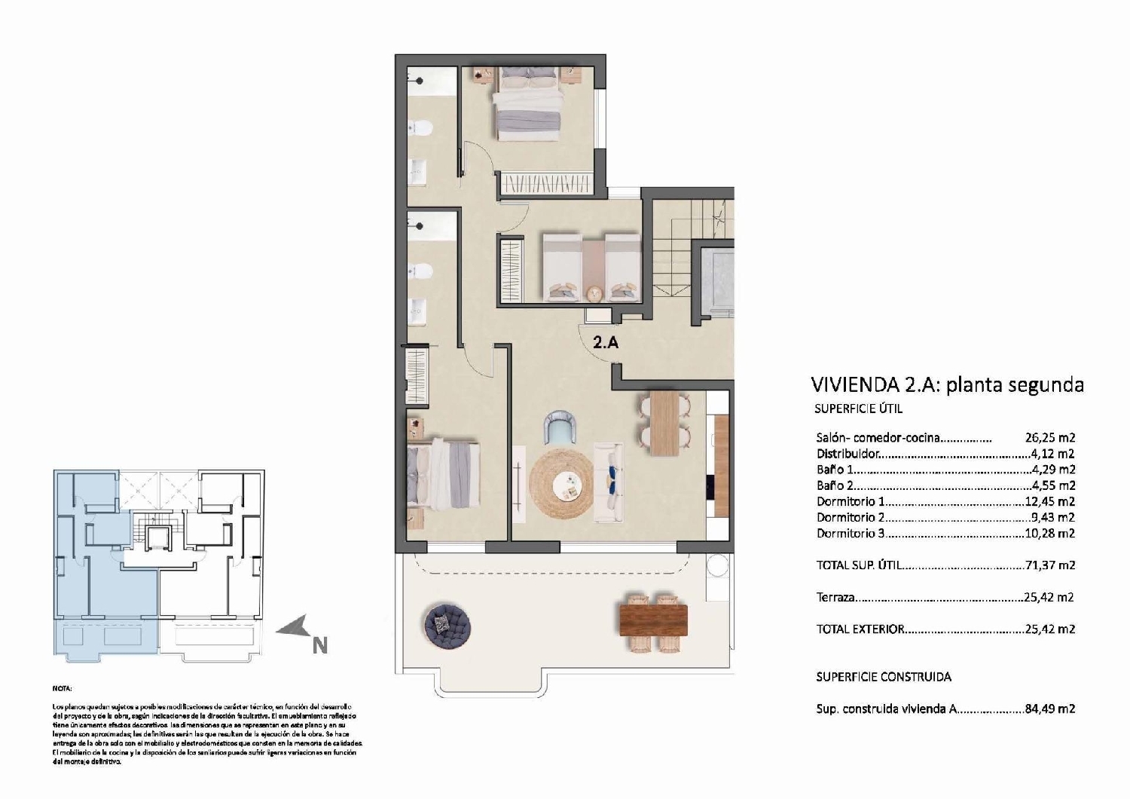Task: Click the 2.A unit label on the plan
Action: (606, 342)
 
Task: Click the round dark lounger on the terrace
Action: (448, 624)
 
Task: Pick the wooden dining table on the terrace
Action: (653, 621)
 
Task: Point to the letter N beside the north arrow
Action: (320, 646)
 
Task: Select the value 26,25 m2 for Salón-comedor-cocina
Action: (1049, 437)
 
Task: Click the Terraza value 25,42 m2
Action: (1049, 597)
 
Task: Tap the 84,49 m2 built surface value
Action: (1049, 709)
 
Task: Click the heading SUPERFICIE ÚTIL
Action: (858, 409)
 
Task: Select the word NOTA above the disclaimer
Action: (63, 688)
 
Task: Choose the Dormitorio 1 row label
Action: (851, 501)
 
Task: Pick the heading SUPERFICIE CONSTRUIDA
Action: (884, 677)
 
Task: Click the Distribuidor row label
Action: (847, 454)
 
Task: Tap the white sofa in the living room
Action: (609, 482)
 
